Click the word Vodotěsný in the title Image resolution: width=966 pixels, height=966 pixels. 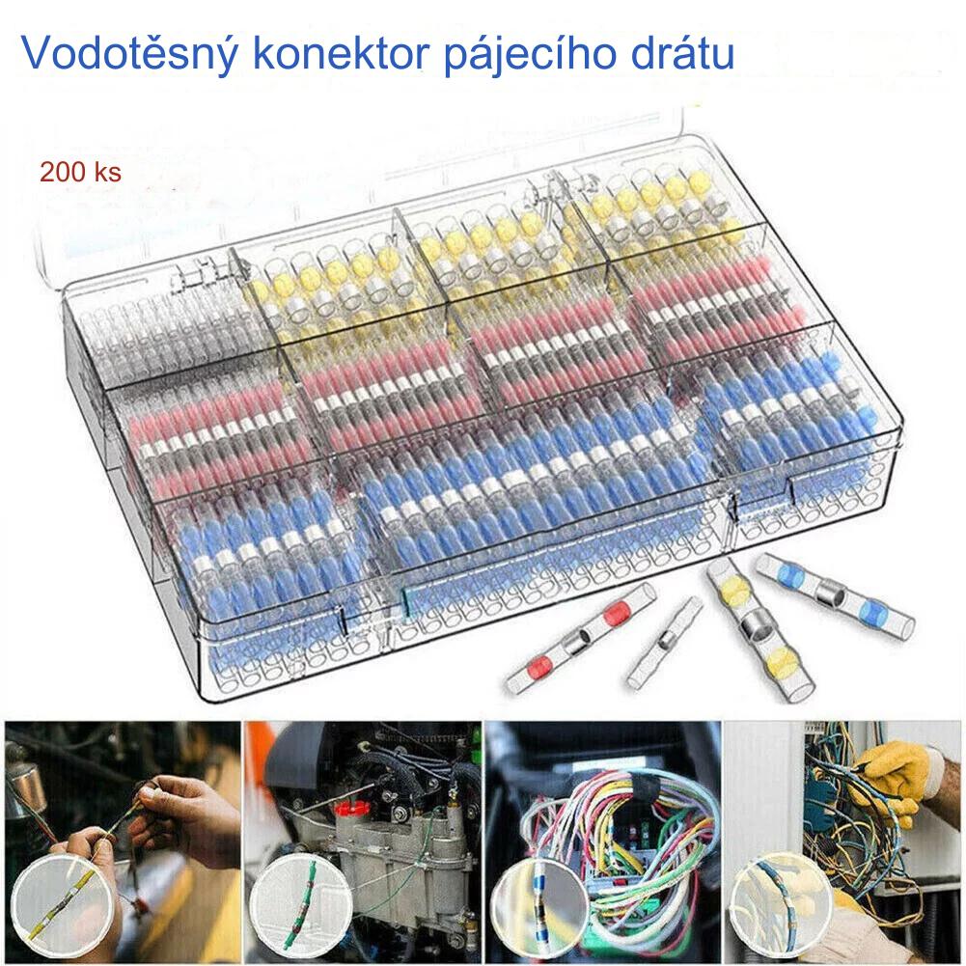[x=129, y=55]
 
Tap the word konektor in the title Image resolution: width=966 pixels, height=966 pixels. [x=341, y=53]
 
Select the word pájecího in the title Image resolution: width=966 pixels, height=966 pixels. [x=531, y=55]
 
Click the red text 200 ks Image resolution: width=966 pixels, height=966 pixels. [x=80, y=172]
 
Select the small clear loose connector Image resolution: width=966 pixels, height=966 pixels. [x=665, y=643]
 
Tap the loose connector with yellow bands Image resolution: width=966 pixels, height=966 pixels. [x=759, y=628]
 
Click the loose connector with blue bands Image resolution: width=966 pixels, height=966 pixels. [x=835, y=595]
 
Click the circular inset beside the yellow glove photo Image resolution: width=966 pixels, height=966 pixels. [x=783, y=905]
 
